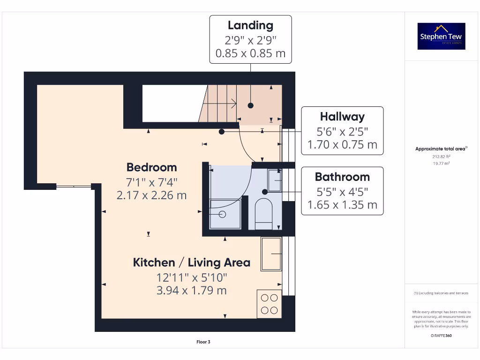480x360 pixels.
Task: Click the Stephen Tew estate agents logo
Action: click(x=441, y=36)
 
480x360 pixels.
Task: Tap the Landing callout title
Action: click(x=250, y=25)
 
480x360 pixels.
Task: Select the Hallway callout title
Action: click(x=342, y=117)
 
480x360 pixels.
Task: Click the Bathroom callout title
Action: click(x=342, y=177)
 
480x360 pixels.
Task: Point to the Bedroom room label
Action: click(x=151, y=167)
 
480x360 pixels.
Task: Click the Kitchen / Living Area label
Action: click(x=191, y=262)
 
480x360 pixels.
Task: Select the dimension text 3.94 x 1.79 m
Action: click(x=191, y=290)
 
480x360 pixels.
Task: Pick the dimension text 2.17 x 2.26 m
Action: click(x=151, y=195)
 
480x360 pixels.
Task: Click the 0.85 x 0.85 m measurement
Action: click(x=250, y=53)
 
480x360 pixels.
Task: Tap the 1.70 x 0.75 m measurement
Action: click(x=342, y=145)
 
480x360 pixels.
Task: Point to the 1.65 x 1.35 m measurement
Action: click(x=342, y=205)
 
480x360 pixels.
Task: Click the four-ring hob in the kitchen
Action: click(x=270, y=304)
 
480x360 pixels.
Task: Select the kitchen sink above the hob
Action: click(x=271, y=254)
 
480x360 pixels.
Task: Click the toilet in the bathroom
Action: click(x=263, y=213)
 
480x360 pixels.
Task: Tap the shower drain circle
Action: click(x=223, y=214)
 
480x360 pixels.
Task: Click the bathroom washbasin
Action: click(x=275, y=180)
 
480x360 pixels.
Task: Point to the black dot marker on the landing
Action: click(x=251, y=105)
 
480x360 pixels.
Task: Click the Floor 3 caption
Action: click(x=203, y=342)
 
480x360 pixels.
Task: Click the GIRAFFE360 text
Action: click(x=441, y=336)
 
